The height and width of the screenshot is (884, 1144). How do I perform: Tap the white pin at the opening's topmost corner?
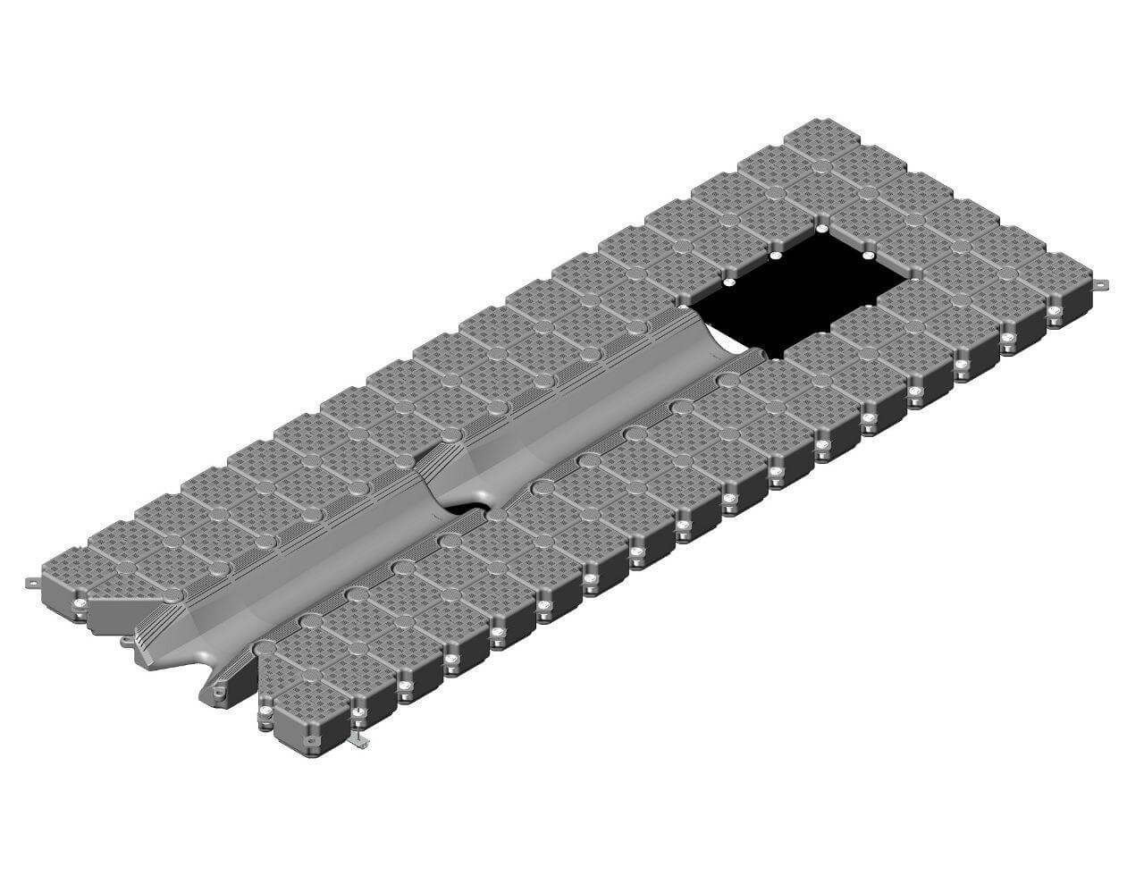pyautogui.click(x=821, y=229)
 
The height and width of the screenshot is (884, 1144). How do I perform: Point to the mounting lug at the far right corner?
pyautogui.click(x=1101, y=285)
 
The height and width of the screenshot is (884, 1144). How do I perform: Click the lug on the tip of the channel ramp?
pyautogui.click(x=214, y=690)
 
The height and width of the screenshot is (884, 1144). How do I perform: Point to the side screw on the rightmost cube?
pyautogui.click(x=1056, y=312)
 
